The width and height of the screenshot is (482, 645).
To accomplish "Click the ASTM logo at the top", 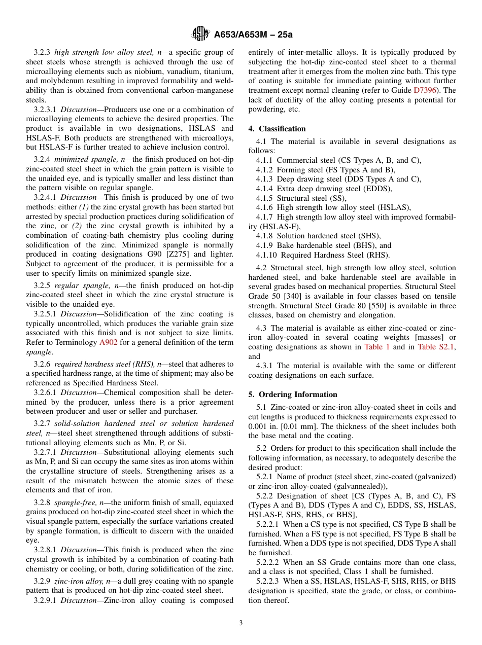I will (200, 34).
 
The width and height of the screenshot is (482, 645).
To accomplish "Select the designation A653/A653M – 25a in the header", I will (253, 35).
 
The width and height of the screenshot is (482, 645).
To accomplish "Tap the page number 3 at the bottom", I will (241, 623).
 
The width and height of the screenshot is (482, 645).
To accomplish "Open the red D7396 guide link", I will (427, 90).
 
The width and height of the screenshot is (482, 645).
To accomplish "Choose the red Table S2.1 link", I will (436, 347).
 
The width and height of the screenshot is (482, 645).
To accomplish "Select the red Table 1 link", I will (377, 347).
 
